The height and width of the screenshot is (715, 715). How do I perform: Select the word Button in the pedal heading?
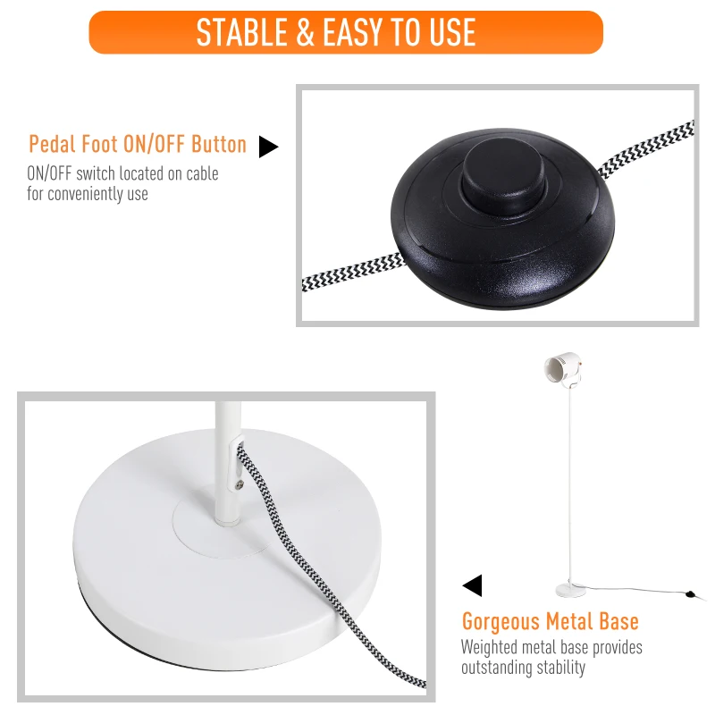(219, 145)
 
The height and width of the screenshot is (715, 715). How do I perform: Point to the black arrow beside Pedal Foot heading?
(267, 147)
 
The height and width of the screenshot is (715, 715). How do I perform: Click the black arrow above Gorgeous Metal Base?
(472, 585)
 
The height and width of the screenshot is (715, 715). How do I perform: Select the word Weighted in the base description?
(488, 648)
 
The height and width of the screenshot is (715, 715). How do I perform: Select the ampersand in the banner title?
(305, 33)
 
